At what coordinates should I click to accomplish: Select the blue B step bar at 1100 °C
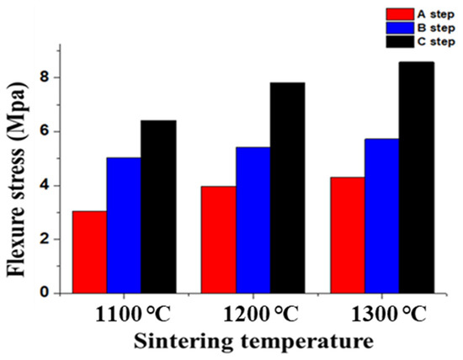(124, 225)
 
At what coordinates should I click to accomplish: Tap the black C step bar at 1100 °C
(158, 206)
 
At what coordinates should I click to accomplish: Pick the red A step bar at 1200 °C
(218, 239)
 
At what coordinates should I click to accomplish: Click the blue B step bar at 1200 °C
(253, 220)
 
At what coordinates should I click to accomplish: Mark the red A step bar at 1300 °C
(347, 235)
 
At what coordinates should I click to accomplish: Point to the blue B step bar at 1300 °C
(381, 215)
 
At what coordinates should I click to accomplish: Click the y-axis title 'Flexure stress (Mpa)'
(19, 181)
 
